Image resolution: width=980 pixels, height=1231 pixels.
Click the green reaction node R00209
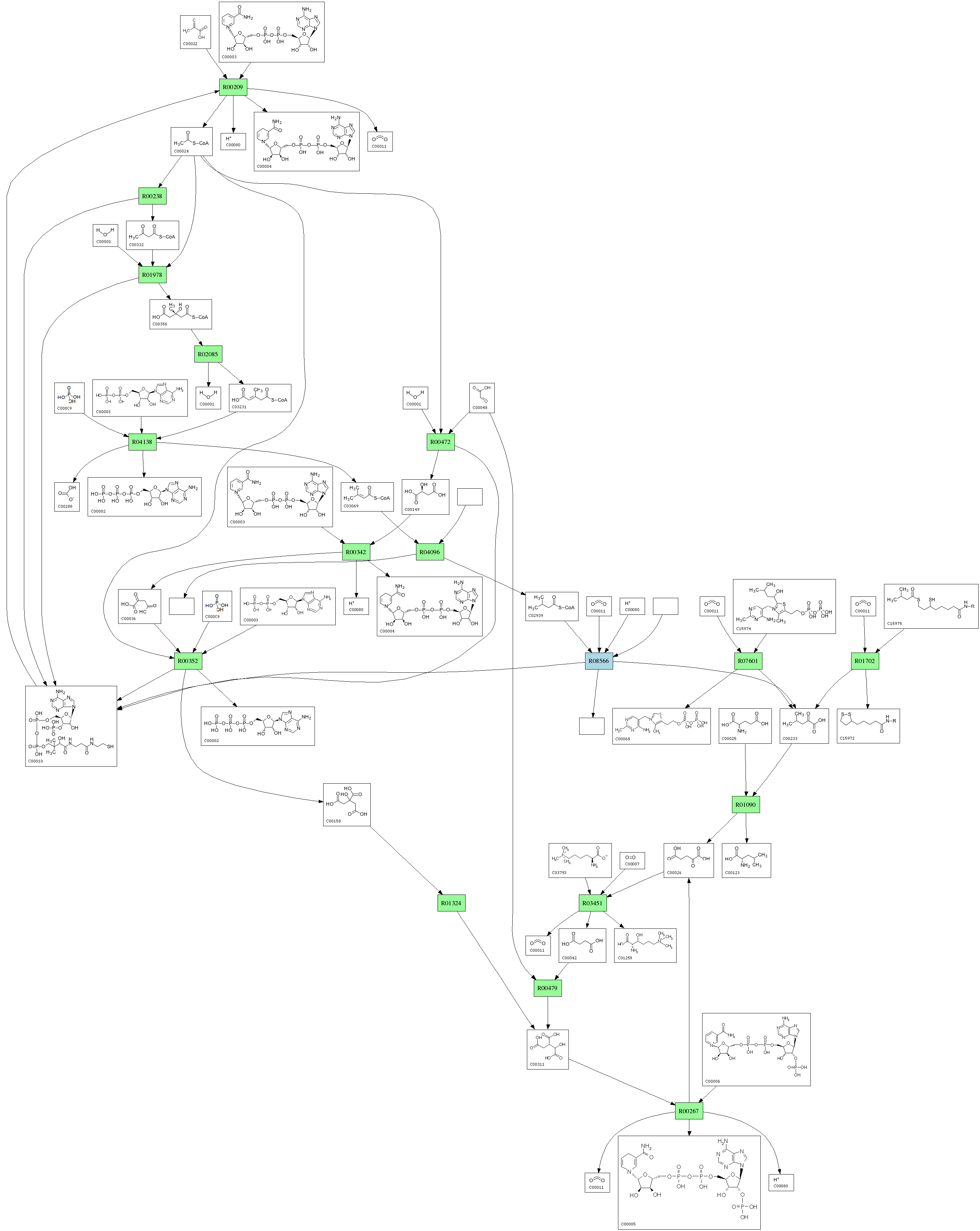tap(233, 87)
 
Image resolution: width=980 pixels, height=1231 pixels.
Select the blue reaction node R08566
tap(599, 661)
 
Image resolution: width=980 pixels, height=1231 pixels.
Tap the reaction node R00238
tap(152, 197)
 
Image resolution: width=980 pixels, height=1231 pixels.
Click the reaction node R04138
tap(142, 442)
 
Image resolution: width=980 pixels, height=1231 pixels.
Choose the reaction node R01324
tap(451, 903)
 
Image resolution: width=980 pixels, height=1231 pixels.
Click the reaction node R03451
tap(592, 903)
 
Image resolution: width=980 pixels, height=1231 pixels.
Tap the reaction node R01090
tap(745, 805)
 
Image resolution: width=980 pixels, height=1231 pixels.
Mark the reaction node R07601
tap(748, 661)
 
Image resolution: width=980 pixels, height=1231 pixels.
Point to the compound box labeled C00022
tap(195, 32)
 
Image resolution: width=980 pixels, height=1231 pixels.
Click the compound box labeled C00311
tap(547, 1049)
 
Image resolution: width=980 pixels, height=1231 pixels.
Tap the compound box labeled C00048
tap(482, 398)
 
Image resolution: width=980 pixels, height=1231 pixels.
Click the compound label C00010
tap(35, 761)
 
